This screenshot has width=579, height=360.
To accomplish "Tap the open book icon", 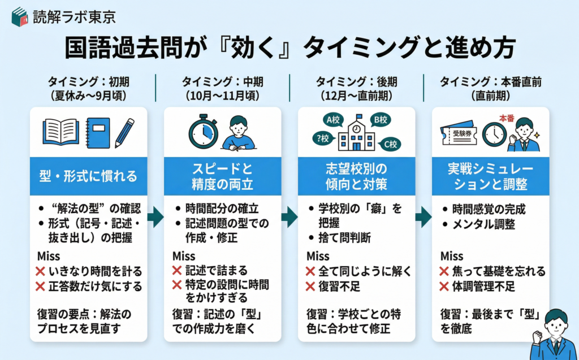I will pyautogui.click(x=61, y=132).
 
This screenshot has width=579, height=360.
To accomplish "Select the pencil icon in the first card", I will pyautogui.click(x=124, y=132).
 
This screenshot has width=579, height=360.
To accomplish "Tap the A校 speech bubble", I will pyautogui.click(x=332, y=120).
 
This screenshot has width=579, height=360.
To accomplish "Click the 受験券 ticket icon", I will pyautogui.click(x=459, y=135).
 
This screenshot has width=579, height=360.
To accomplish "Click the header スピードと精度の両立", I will pyautogui.click(x=222, y=176).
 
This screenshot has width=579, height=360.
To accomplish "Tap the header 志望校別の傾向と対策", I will pyautogui.click(x=356, y=176).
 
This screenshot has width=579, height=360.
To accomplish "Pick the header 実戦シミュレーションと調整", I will pyautogui.click(x=490, y=176).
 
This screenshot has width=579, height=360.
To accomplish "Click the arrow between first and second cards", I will pyautogui.click(x=155, y=215).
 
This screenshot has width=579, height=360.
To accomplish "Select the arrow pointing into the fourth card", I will pyautogui.click(x=424, y=215).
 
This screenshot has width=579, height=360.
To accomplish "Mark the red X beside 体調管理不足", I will pyautogui.click(x=443, y=286).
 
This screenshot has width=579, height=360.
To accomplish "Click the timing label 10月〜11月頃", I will pyautogui.click(x=222, y=94).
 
